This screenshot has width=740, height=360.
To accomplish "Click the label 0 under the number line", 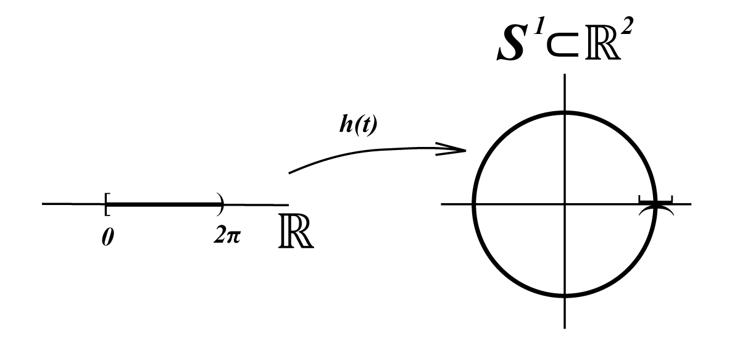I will [106, 238].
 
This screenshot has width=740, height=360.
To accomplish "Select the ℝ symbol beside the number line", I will [295, 235].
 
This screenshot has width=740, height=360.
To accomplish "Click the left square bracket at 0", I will [107, 204].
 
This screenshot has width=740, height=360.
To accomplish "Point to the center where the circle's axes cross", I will [565, 204].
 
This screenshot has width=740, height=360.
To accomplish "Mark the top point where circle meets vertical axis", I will [565, 112].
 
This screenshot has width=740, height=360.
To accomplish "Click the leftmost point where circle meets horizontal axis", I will [473, 204].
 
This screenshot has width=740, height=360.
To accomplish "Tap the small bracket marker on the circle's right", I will [655, 201].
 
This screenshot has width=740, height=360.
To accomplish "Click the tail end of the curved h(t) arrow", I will [290, 172].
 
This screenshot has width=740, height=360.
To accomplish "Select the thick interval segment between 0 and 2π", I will [163, 203].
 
